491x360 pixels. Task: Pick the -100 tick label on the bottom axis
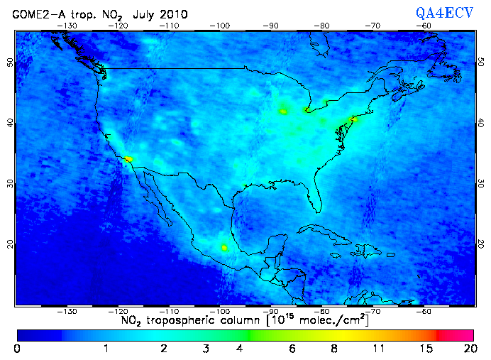coord(220,311)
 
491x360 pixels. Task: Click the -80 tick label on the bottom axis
coord(321,311)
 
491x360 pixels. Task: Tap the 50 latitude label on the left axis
coord(10,62)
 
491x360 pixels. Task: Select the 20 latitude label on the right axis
coord(481,244)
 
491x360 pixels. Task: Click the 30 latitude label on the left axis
coord(10,182)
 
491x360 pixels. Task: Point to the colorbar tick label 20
coord(468,349)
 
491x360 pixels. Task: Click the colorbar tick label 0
coord(16,349)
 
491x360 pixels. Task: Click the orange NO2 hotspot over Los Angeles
coord(128,159)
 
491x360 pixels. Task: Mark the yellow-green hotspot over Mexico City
coord(225,248)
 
